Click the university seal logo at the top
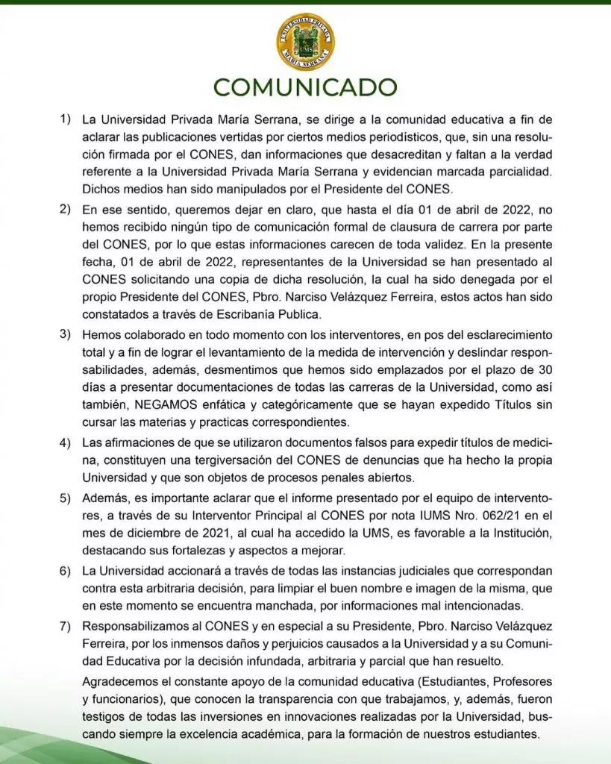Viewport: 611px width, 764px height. tap(305, 42)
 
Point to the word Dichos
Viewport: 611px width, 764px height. tap(100, 187)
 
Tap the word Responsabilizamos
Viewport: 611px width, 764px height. tap(138, 624)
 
